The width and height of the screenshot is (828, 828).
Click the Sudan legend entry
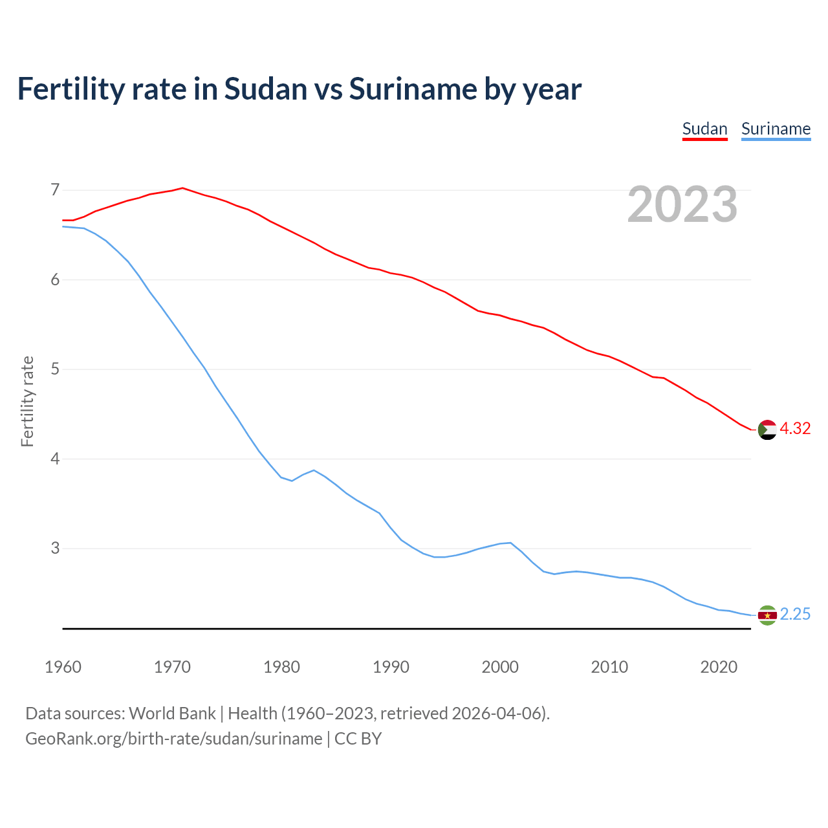tap(705, 129)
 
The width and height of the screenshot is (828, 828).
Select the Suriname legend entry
tap(776, 129)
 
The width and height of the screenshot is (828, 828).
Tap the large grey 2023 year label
tap(682, 204)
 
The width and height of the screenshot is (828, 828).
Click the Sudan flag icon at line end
tap(767, 430)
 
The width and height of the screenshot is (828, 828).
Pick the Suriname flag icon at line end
tap(767, 615)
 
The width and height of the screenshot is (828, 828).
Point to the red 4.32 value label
tap(795, 429)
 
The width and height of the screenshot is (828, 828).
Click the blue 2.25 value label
tap(795, 615)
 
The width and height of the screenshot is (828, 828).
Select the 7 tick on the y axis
tap(55, 190)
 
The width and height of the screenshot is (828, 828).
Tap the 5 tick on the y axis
tap(55, 369)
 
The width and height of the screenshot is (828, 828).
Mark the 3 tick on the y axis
tap(55, 549)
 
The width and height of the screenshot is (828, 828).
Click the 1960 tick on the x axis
tap(63, 667)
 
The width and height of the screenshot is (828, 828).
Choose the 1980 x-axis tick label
tap(281, 667)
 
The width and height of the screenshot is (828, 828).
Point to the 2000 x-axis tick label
tap(500, 667)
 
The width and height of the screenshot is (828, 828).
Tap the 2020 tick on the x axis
tap(719, 667)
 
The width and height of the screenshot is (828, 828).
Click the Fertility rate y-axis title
tap(27, 401)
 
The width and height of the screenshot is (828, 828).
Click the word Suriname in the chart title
tap(413, 89)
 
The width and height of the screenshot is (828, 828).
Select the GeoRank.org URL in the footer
tap(173, 739)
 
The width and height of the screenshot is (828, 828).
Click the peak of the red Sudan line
tap(183, 188)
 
